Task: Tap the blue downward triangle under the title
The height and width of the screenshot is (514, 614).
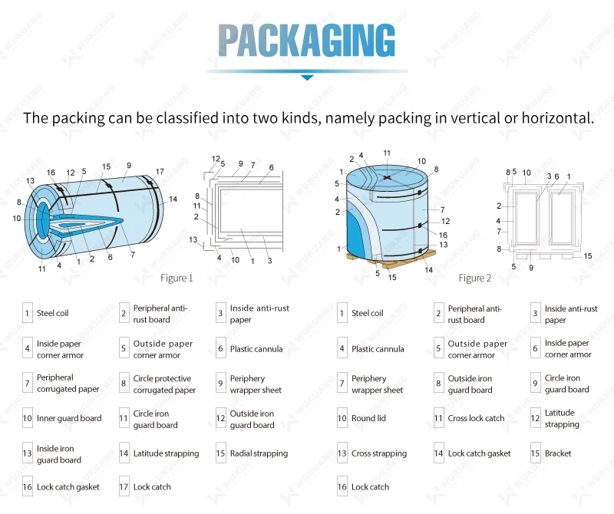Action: [x=307, y=77]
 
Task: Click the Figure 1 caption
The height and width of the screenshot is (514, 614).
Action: [x=177, y=278]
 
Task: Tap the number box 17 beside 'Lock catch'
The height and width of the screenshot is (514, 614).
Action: [x=124, y=487]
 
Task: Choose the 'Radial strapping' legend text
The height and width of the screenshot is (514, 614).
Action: [x=260, y=453]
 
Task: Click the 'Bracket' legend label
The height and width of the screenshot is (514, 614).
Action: [x=558, y=453]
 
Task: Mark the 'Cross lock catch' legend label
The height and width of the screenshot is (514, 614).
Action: [x=476, y=418]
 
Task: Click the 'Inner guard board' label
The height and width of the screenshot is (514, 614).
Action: [x=69, y=418]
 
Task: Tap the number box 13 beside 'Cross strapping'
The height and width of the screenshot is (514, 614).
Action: [x=342, y=453]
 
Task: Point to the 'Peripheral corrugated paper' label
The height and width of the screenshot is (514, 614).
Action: [x=68, y=384]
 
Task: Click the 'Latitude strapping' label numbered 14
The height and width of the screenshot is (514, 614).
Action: [x=166, y=453]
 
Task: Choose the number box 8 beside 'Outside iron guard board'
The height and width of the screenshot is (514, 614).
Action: [x=438, y=384]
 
